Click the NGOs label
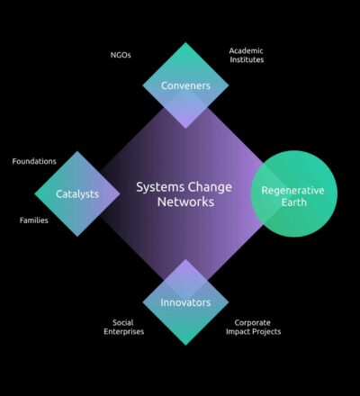[121, 55]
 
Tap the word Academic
[246, 50]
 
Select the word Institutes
[247, 59]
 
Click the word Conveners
[185, 85]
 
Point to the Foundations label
[34, 161]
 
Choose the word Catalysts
[77, 194]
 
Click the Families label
[34, 220]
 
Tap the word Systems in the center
[160, 187]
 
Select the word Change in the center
[210, 187]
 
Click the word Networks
[185, 202]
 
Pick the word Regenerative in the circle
[292, 191]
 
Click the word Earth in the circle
[294, 202]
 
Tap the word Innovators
[185, 302]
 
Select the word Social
[123, 323]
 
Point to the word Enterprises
[124, 332]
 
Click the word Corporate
[252, 323]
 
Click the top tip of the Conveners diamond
[185, 42]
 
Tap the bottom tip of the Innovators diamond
[185, 345]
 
